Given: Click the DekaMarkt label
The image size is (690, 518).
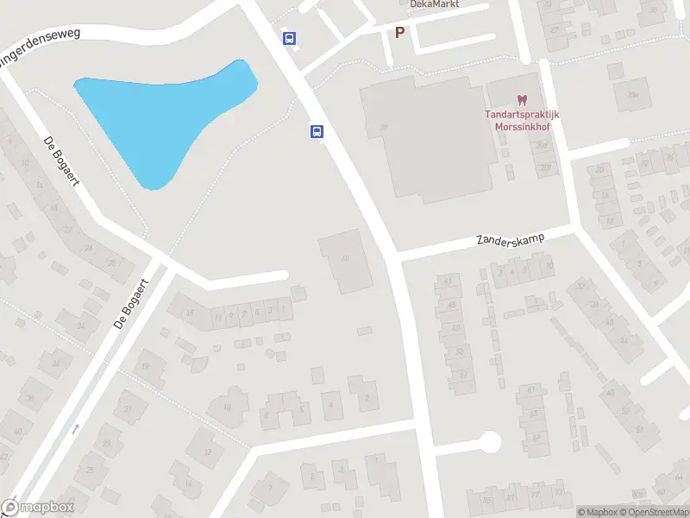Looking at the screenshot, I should tap(435, 4).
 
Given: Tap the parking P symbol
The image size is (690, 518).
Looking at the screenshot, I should tap(399, 33).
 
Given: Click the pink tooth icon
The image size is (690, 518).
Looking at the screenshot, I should tap(521, 102).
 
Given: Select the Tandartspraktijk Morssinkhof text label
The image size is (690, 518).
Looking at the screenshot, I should tap(522, 121).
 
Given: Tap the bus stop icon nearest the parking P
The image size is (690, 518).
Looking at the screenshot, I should tap(289, 38).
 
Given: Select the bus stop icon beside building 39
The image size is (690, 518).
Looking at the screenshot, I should tap(317, 131).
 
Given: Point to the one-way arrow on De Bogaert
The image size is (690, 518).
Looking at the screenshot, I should tap(75, 428).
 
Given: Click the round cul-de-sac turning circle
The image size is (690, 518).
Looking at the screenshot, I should tap(490, 443).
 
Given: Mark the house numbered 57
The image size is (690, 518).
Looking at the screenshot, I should tap(463, 376).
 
